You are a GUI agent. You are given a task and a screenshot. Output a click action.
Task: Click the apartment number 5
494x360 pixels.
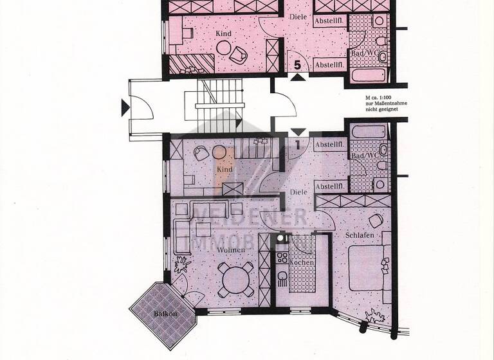pos(297,64)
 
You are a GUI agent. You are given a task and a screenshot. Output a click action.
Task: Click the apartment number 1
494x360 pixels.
pos(298,145)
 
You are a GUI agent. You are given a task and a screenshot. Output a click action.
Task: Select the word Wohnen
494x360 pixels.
pos(230,249)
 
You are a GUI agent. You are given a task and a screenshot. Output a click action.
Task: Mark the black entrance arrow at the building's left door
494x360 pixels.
pos(125,108)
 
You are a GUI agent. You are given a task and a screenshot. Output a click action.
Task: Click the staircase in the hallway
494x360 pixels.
pos(212,106)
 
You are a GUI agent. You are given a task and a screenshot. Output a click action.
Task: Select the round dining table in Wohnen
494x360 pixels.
pos(232,279)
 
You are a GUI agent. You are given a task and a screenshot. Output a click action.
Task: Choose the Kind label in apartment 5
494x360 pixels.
pos(224,33)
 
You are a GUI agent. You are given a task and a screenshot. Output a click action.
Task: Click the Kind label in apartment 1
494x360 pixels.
pos(224,170)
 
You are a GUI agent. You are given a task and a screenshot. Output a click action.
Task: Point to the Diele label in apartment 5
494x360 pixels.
pos(297,17)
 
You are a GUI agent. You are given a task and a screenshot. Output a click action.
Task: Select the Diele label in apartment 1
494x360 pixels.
pos(298,192)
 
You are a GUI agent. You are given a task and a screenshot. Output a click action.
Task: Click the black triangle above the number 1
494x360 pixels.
pos(298,132)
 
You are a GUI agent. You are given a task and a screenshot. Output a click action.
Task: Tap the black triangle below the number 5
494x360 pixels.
pos(297,77)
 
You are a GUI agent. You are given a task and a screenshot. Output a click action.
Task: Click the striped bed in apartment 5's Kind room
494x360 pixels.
pos(193,63)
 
